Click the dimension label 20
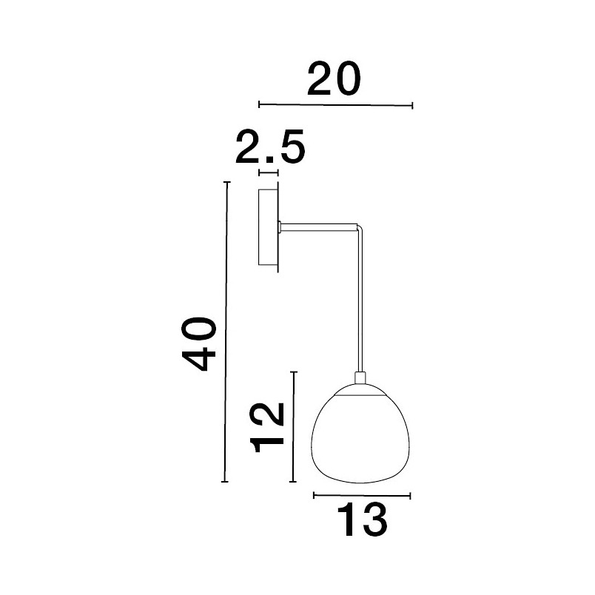click(x=334, y=78)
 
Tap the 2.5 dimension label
click(x=270, y=147)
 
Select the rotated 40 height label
click(x=199, y=344)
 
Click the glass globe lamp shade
click(x=360, y=434)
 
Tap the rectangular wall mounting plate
click(x=269, y=227)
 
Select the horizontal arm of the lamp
click(x=319, y=227)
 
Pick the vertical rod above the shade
click(x=360, y=300)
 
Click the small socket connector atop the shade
click(x=360, y=378)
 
